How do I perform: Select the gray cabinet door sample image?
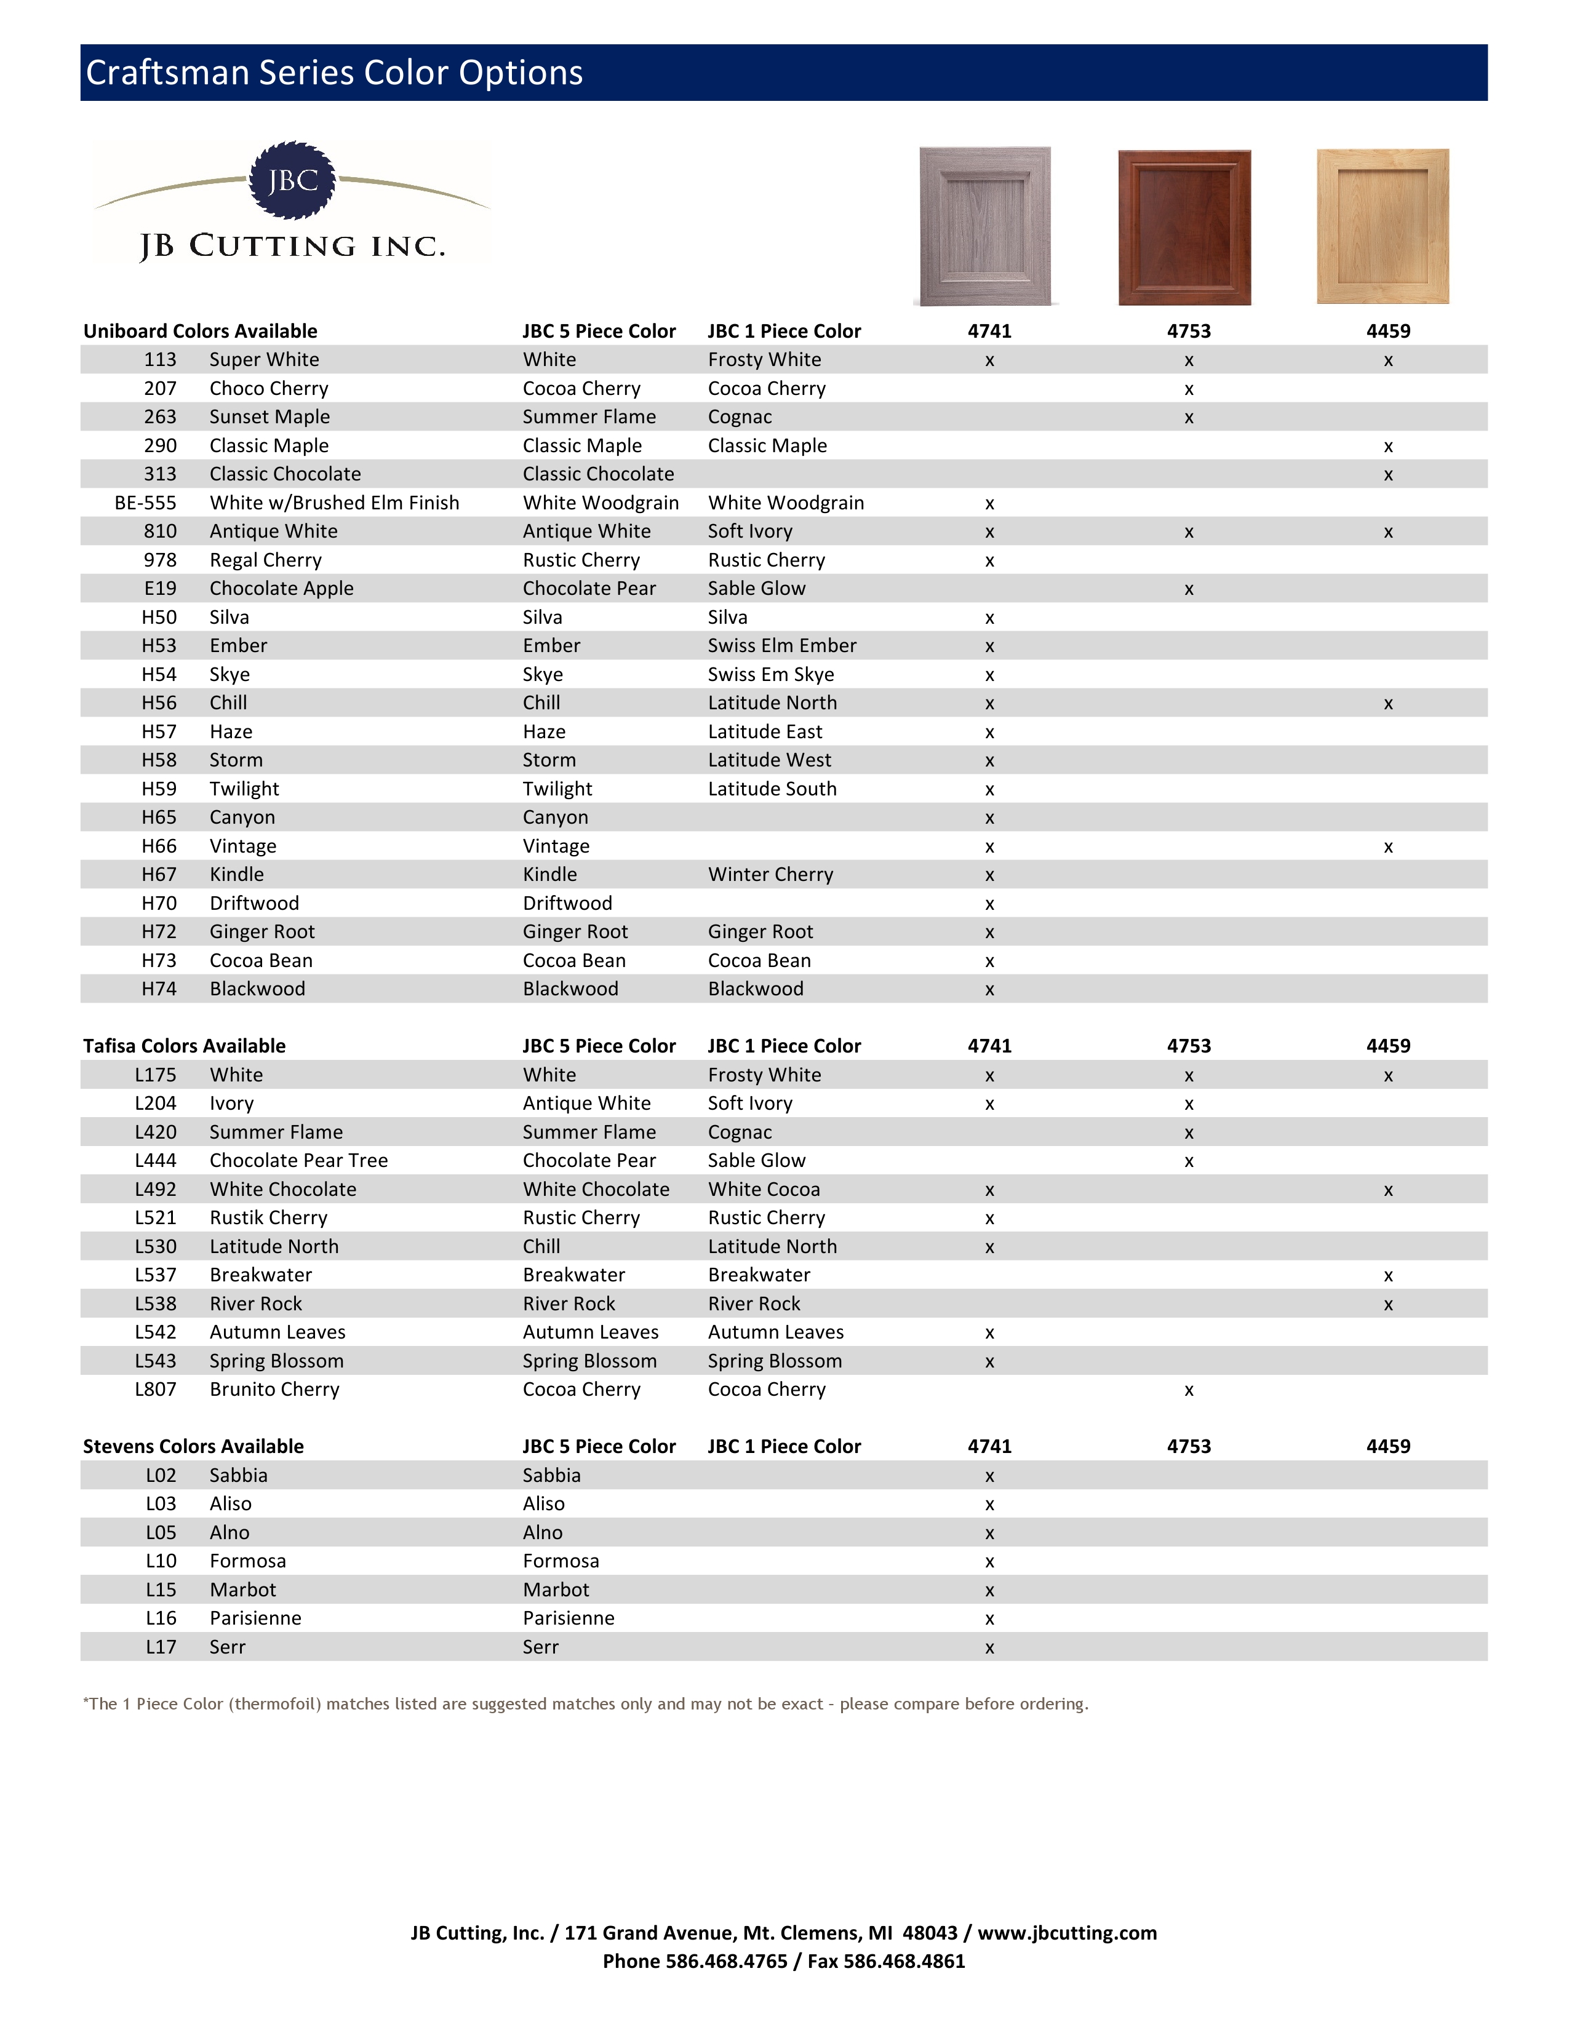(985, 226)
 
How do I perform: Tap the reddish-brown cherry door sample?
(1184, 227)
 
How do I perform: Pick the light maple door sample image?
(1382, 226)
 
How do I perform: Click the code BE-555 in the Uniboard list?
(145, 503)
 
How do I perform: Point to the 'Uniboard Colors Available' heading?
(200, 331)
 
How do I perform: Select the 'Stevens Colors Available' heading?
(193, 1446)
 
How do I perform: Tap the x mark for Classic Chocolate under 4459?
(1387, 475)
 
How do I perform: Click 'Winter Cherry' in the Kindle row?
(770, 875)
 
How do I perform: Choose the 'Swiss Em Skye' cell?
(770, 675)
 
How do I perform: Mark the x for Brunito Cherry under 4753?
(1189, 1390)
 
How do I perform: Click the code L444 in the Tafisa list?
(155, 1161)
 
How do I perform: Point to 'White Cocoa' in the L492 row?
(764, 1190)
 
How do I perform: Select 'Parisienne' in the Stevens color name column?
(255, 1618)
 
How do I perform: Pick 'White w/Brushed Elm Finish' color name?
(335, 503)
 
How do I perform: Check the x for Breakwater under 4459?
(1387, 1276)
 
